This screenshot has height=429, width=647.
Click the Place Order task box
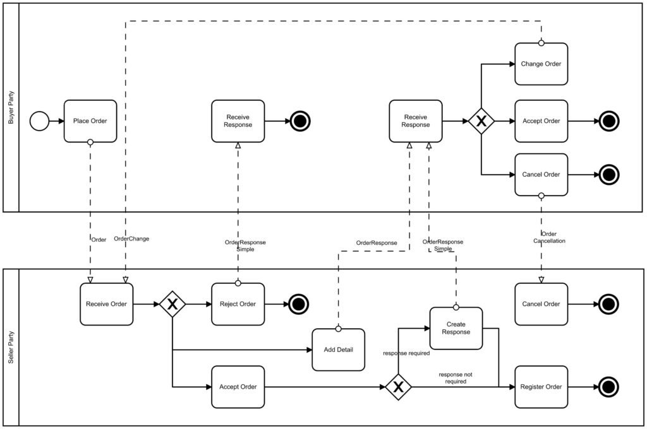pyautogui.click(x=90, y=121)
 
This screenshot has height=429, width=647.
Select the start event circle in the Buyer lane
pyautogui.click(x=39, y=121)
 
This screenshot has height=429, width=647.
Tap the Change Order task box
pyautogui.click(x=541, y=64)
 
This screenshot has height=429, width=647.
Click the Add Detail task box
pyautogui.click(x=339, y=350)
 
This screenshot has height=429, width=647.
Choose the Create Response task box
pyautogui.click(x=456, y=328)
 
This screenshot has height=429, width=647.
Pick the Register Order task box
pyautogui.click(x=541, y=387)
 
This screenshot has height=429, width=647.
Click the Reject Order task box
pyautogui.click(x=238, y=304)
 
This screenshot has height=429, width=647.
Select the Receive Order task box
pyautogui.click(x=106, y=304)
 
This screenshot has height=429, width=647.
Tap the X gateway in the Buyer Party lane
pyautogui.click(x=481, y=121)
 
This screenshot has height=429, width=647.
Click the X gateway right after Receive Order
pyautogui.click(x=172, y=304)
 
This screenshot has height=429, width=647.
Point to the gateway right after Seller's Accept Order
pyautogui.click(x=398, y=387)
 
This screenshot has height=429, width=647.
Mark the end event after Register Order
pyautogui.click(x=608, y=387)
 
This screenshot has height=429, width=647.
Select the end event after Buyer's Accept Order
pyautogui.click(x=608, y=121)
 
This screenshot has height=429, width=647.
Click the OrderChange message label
pyautogui.click(x=131, y=239)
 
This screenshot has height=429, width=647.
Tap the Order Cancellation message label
pyautogui.click(x=549, y=237)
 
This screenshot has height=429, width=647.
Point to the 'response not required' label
pyautogui.click(x=456, y=378)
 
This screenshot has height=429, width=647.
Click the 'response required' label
pyautogui.click(x=406, y=353)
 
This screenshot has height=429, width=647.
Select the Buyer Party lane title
pyautogui.click(x=11, y=107)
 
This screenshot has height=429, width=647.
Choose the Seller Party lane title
pyautogui.click(x=11, y=348)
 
